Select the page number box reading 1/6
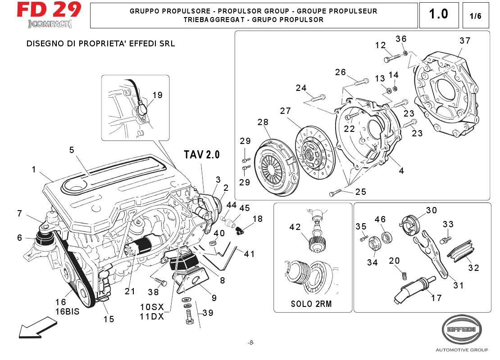coord(475,16)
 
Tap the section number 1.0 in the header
coord(438,14)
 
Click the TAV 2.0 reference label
coord(202,154)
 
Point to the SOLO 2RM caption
coord(311,304)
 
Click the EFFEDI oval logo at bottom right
coord(461,330)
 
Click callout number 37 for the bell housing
coord(465,40)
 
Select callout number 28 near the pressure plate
coord(263,122)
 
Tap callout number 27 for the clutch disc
coord(286,111)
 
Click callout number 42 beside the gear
coord(295,227)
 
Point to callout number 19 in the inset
coord(157,95)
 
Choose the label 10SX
coord(152,306)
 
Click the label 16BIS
coord(66,311)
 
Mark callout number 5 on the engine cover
coord(72,150)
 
